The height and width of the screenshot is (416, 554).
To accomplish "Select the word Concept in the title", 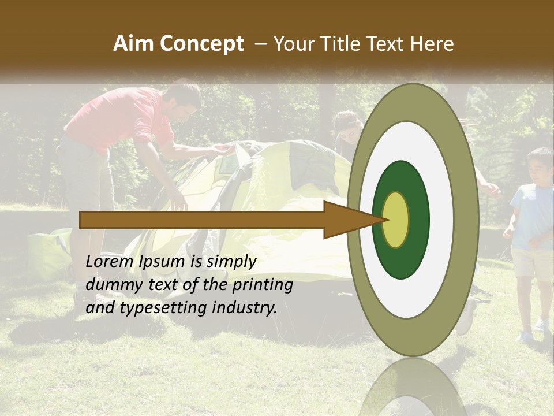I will tap(202, 44).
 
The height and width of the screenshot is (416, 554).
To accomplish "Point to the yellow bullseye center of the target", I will tap(396, 220).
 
